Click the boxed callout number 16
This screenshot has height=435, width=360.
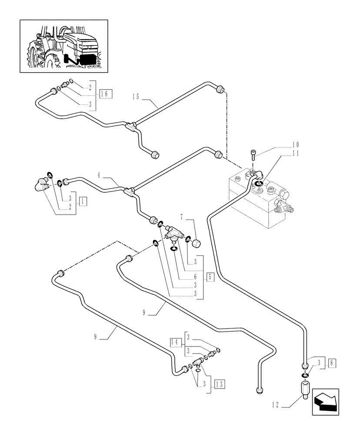(x=106, y=93)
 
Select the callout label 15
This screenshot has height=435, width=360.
(x=137, y=97)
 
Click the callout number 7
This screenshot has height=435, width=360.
(x=182, y=216)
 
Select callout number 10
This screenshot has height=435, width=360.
(x=296, y=144)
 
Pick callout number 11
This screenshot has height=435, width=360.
(x=296, y=153)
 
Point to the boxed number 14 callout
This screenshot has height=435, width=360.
(x=175, y=343)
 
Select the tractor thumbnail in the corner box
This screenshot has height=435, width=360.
(x=63, y=46)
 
